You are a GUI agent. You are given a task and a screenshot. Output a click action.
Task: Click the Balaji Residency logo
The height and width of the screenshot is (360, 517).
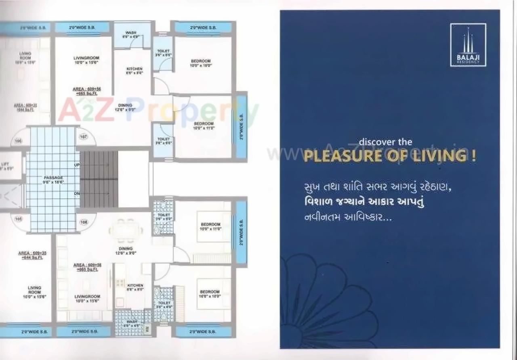pyautogui.click(x=468, y=45)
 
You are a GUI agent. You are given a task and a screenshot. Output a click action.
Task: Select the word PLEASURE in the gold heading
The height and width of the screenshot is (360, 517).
pyautogui.click(x=346, y=156)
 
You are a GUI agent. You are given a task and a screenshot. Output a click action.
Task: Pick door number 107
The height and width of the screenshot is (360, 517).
pyautogui.click(x=84, y=137)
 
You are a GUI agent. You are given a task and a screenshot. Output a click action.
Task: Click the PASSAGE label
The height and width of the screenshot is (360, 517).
pyautogui.click(x=53, y=180)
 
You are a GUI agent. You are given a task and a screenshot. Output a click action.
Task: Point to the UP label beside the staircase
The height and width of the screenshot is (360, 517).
pyautogui.click(x=77, y=166)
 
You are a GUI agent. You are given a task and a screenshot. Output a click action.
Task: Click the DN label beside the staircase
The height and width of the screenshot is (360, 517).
pyautogui.click(x=77, y=194)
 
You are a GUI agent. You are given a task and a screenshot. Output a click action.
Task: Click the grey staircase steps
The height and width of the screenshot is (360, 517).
pyautogui.click(x=99, y=179)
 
